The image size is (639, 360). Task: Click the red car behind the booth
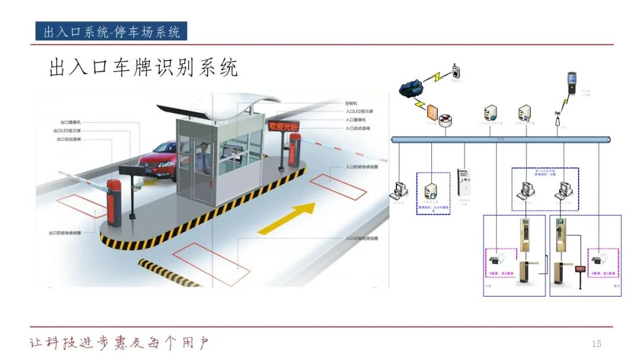(156, 159)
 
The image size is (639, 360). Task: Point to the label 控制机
(351, 103)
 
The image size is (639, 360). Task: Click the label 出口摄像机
(70, 122)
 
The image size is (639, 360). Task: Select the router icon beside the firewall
(446, 117)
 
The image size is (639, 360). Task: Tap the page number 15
(596, 344)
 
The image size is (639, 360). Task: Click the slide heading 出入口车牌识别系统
(143, 68)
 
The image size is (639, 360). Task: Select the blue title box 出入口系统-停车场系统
(112, 31)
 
